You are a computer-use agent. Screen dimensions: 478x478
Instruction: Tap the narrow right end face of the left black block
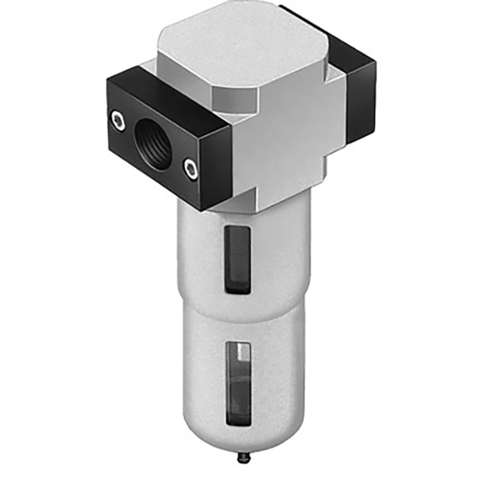click(x=222, y=164)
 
